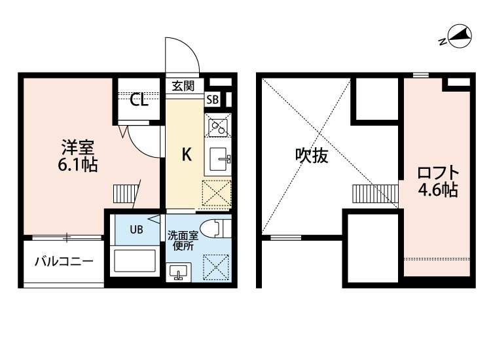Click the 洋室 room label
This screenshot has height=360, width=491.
point(78,148)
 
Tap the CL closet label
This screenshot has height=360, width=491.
point(139,100)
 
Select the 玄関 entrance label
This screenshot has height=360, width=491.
point(183,86)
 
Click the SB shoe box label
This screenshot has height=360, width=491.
point(212,99)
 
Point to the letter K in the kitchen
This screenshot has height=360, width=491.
point(187,154)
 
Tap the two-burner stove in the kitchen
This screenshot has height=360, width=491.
point(217,125)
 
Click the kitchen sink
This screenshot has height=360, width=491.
point(218,159)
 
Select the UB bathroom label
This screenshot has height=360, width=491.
point(137,230)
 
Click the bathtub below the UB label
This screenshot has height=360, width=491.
point(135,261)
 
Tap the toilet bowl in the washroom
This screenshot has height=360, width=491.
point(215,229)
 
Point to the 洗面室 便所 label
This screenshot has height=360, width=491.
point(182,240)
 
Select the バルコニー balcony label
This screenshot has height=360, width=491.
point(64,261)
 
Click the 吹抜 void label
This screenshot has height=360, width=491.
point(312,155)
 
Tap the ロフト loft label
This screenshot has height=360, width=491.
point(438,173)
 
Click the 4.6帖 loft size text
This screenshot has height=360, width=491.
point(438,189)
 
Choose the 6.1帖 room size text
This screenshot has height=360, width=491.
point(78,164)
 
